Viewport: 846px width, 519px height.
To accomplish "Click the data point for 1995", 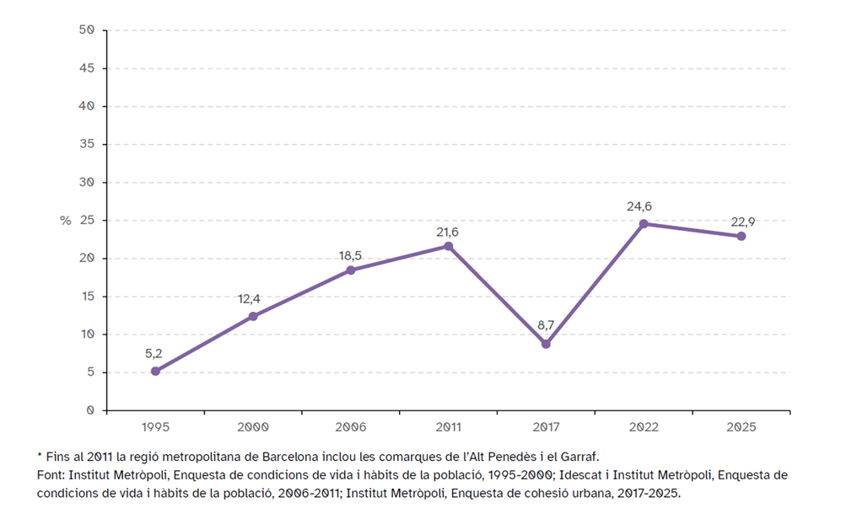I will tap(155, 371).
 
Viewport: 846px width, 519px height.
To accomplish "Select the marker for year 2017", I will tap(546, 344).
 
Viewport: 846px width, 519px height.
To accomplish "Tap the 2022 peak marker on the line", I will tap(644, 223).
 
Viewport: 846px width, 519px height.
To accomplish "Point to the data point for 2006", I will tap(351, 270).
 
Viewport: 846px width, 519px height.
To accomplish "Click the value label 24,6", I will tap(643, 205).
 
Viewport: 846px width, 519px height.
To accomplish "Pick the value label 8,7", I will tap(546, 325).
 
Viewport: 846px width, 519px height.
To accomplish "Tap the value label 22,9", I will tap(741, 221).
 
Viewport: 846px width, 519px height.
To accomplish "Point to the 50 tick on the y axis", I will tap(87, 30).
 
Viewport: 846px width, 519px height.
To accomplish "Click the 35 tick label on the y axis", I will tap(87, 144).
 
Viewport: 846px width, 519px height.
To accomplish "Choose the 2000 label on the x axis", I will tap(253, 427).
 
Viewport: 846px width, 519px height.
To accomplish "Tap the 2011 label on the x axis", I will tap(448, 427).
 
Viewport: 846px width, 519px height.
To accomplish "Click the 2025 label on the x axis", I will tap(741, 427).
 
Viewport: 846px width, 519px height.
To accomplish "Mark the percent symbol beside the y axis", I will tap(66, 221).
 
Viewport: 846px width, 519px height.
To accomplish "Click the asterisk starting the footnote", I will tap(39, 456).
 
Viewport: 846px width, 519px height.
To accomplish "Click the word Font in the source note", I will tap(50, 475).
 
